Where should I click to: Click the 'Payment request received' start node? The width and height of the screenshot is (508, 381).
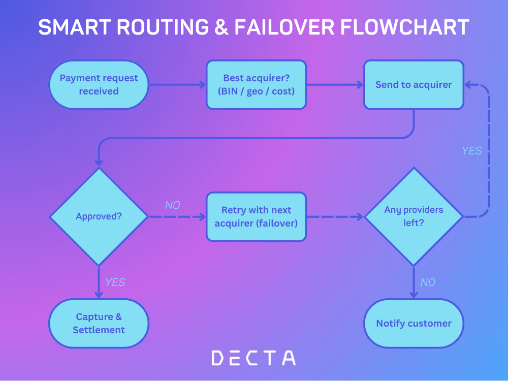(99, 85)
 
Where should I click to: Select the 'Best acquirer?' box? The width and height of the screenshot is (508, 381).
(256, 85)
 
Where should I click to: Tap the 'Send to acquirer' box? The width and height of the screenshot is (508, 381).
(414, 85)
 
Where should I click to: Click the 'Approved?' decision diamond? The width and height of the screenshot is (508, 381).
(99, 216)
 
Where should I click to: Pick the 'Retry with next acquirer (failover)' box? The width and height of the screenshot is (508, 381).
(256, 216)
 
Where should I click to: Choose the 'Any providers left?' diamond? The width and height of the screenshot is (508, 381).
(414, 216)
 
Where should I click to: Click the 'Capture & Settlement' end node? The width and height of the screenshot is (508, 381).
(99, 323)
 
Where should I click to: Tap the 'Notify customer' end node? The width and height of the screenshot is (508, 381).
(414, 323)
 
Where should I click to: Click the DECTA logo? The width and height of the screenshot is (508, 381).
(253, 358)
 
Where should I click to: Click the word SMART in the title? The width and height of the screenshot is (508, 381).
(71, 27)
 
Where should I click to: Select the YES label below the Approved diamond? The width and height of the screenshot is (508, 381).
(115, 282)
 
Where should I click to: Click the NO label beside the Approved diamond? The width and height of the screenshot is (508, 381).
(173, 205)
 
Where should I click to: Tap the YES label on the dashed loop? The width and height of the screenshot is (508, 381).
(471, 151)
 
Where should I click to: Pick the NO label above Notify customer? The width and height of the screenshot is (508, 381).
(428, 282)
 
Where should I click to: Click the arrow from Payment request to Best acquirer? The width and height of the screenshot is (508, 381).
(177, 85)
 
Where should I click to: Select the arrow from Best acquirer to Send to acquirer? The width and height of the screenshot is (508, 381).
(335, 85)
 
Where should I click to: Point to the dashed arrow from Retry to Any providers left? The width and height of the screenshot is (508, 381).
(335, 216)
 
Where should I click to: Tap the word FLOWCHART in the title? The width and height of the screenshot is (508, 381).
(404, 27)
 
